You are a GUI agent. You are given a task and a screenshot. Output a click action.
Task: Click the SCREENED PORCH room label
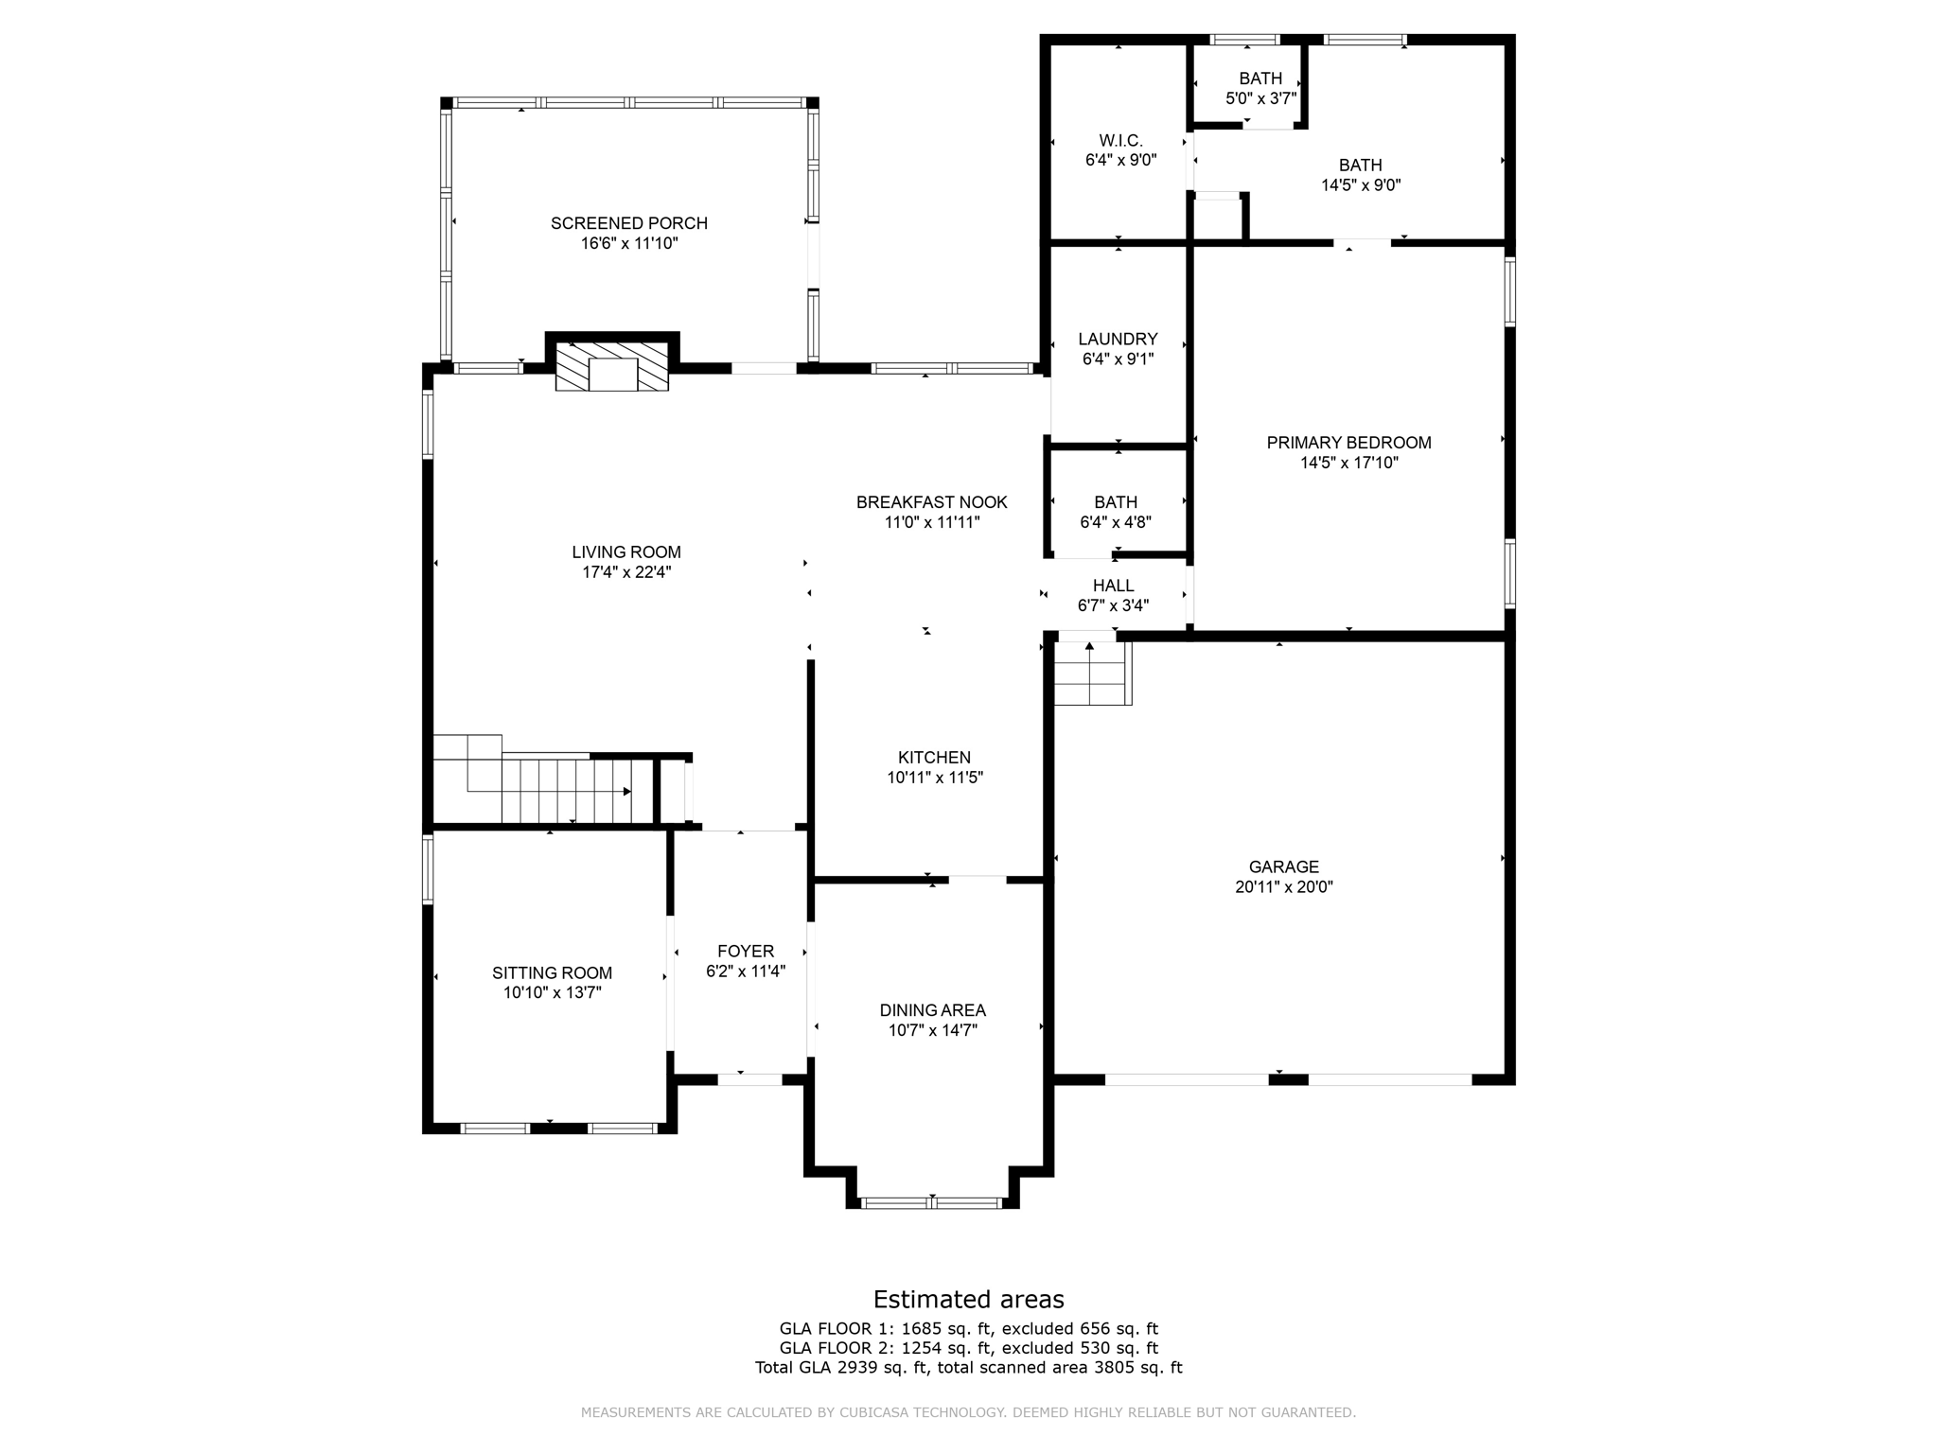(629, 223)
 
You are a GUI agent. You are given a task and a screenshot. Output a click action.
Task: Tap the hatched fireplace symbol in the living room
(612, 367)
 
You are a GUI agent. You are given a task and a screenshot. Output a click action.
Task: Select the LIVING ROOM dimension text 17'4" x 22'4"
(626, 572)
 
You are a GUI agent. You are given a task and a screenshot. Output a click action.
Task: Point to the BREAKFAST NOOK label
(932, 502)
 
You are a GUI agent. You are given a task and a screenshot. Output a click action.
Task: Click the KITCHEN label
(934, 758)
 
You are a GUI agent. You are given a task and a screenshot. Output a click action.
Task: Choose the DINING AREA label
(933, 1010)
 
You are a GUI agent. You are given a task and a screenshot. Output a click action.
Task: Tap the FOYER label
(746, 952)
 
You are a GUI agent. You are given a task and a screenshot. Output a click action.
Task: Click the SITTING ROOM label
(552, 973)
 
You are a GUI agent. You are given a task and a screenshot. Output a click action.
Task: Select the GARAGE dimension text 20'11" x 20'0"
(1284, 887)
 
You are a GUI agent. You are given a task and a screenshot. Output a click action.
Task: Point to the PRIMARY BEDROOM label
(1349, 443)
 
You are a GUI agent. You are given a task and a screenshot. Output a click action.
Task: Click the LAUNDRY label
(1119, 340)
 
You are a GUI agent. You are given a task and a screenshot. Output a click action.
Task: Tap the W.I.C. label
(1121, 141)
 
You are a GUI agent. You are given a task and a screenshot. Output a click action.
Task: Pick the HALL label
(1114, 586)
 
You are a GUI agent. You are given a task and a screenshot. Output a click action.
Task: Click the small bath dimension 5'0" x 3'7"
(1261, 98)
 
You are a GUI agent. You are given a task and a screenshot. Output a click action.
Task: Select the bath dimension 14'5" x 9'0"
(1361, 185)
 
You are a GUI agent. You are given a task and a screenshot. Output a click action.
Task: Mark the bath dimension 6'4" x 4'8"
(1116, 522)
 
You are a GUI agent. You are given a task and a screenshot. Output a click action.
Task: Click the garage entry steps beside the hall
(1093, 673)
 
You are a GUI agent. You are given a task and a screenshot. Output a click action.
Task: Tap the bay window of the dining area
(932, 1203)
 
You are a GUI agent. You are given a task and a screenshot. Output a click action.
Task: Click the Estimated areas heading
(969, 1300)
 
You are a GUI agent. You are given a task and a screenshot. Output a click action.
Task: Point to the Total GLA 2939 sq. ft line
(969, 1367)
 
